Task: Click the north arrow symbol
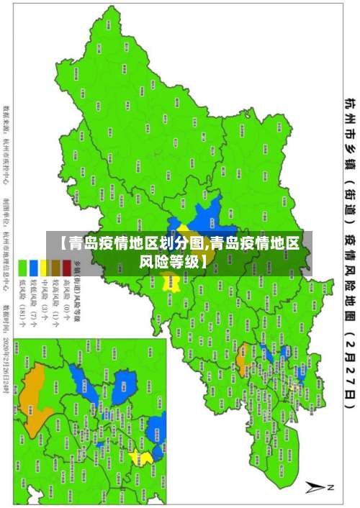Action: coord(316,486)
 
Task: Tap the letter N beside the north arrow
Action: coord(331,487)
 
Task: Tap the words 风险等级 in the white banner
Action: coord(179,242)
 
